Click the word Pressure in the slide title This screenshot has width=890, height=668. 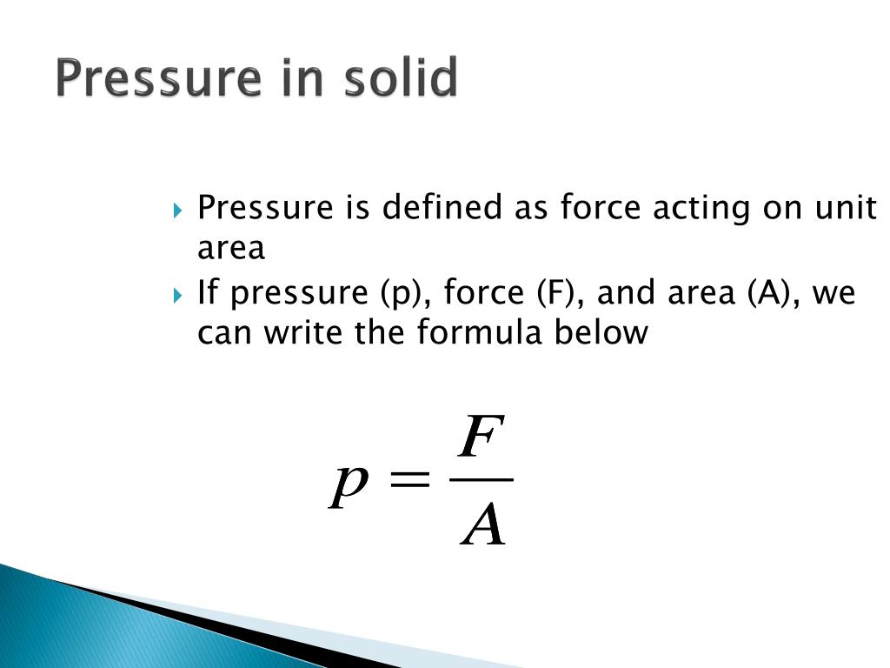157,79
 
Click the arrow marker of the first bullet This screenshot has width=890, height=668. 178,210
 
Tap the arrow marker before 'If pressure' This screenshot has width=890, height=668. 178,295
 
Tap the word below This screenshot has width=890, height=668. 605,333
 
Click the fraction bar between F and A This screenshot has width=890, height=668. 483,479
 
